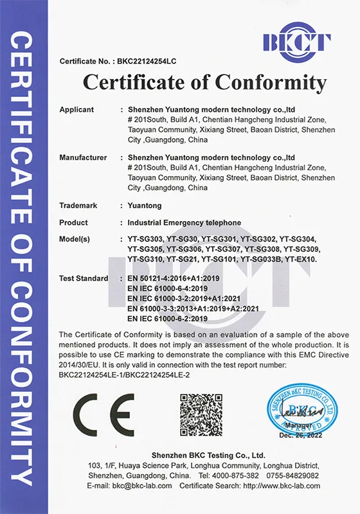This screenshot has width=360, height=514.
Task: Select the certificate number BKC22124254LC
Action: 146,62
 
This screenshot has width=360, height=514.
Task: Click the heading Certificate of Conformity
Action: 204,82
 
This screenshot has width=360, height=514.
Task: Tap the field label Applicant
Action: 76,110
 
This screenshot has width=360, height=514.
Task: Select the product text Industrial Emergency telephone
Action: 184,223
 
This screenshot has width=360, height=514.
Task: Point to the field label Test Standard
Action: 84,279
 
